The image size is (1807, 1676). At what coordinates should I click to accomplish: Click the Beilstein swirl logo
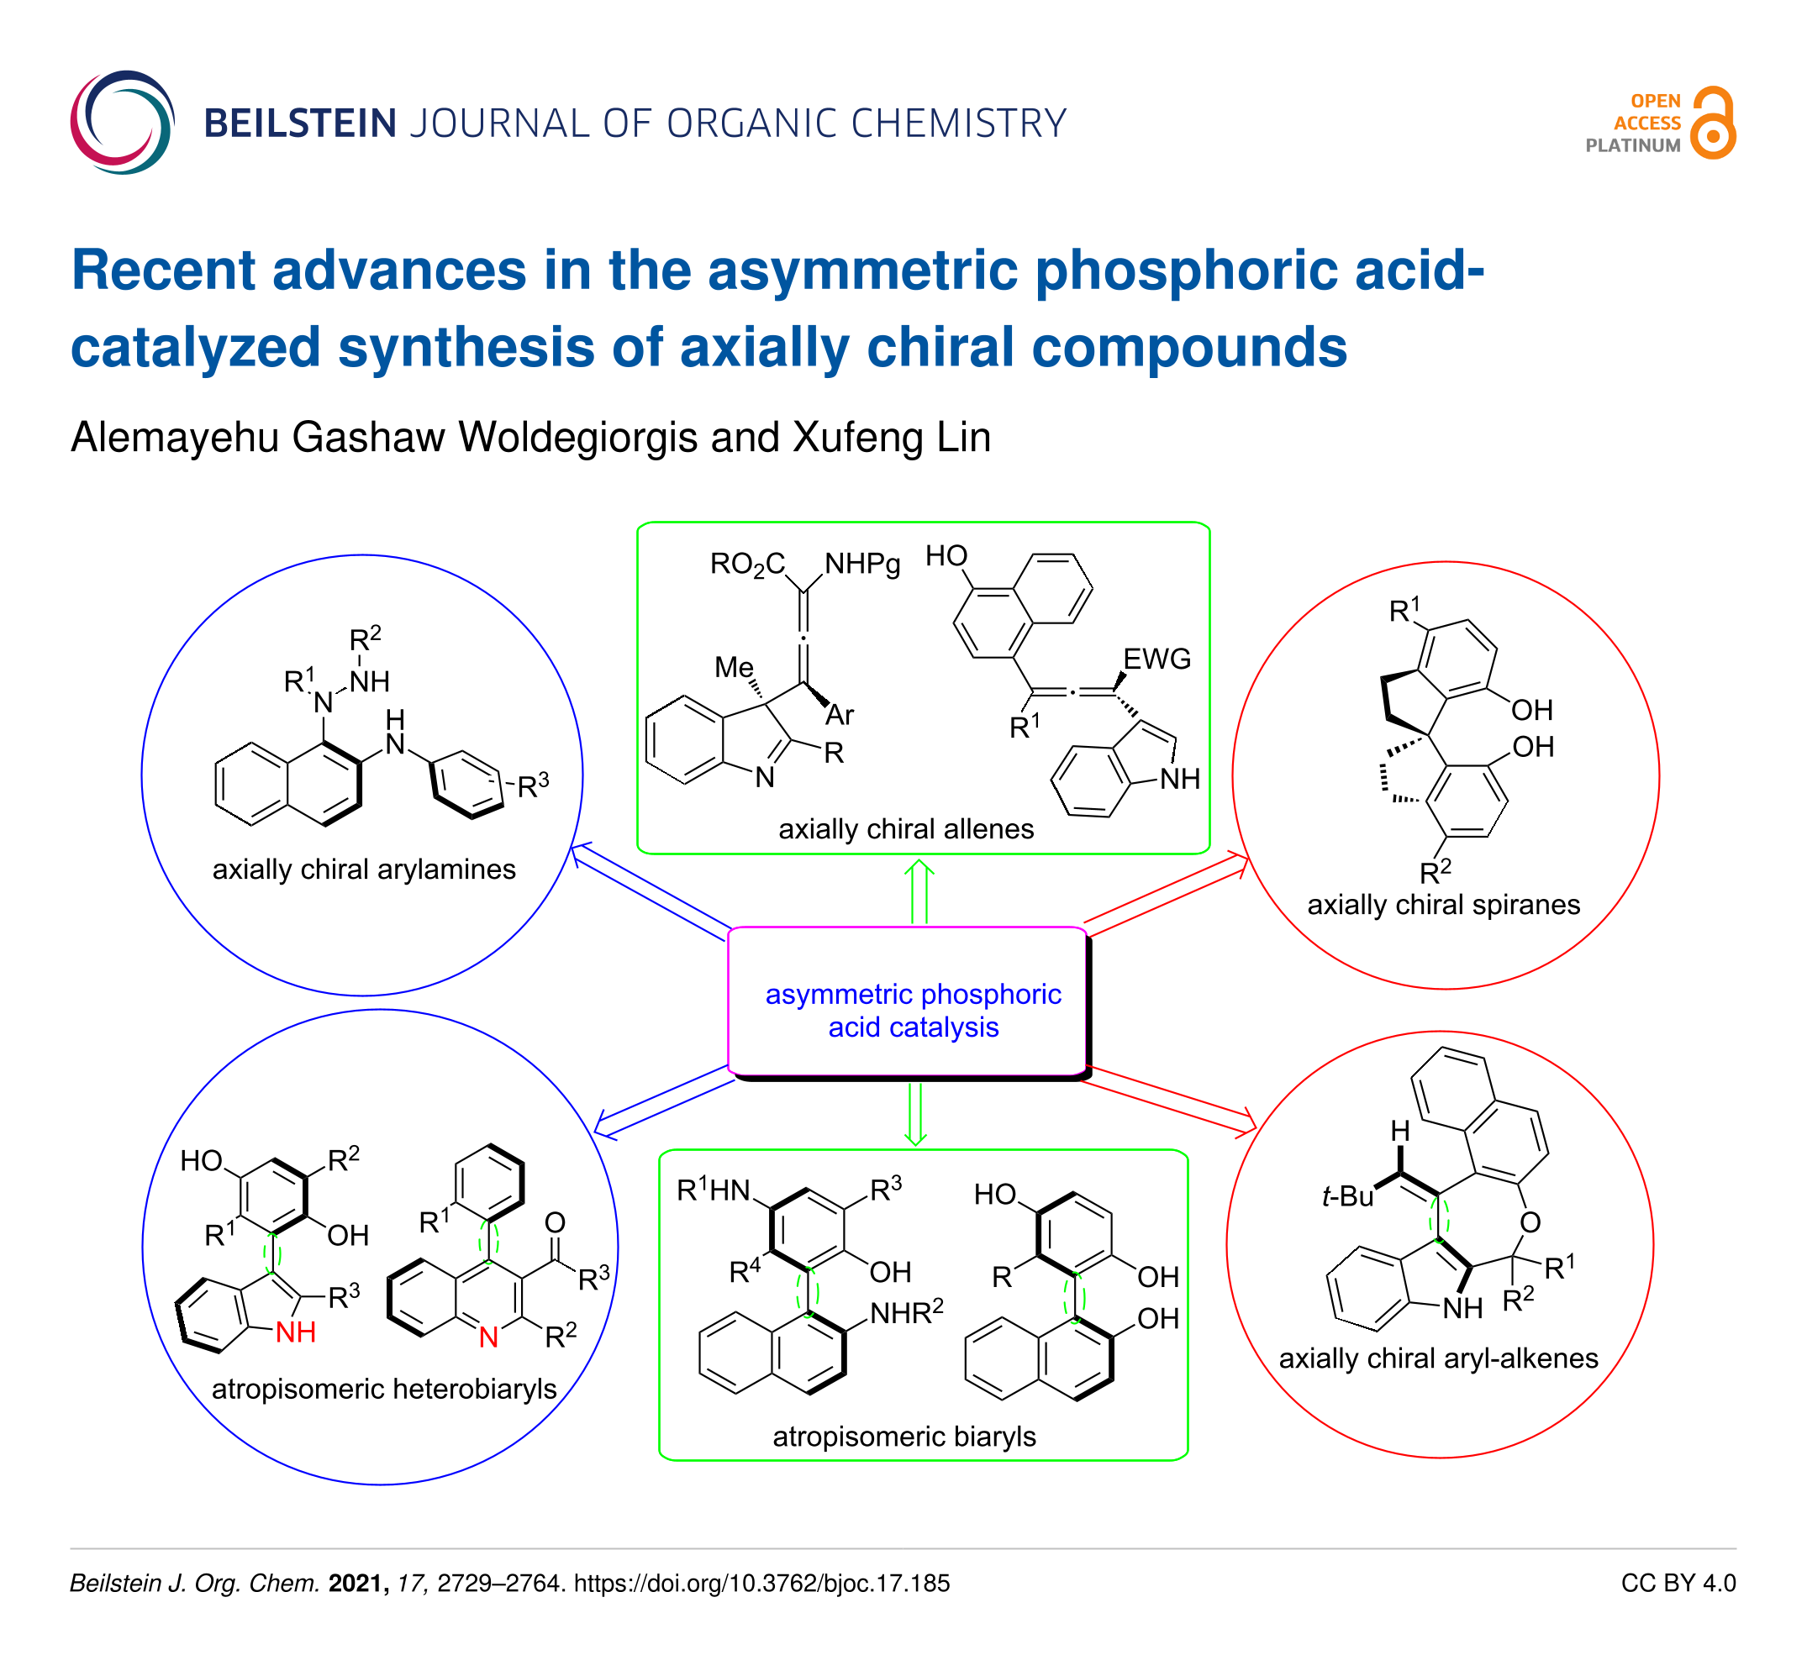click(x=122, y=123)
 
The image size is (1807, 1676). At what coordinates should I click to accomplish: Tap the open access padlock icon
click(x=1714, y=123)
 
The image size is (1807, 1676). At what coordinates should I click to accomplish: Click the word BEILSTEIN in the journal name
click(x=300, y=123)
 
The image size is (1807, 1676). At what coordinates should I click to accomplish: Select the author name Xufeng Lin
click(x=892, y=437)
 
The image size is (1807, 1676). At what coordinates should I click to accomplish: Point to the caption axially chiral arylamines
click(x=364, y=869)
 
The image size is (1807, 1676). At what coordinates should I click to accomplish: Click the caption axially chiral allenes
click(x=906, y=829)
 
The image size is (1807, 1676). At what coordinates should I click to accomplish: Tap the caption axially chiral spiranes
click(x=1443, y=904)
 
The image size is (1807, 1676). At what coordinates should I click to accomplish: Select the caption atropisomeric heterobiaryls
click(x=384, y=1389)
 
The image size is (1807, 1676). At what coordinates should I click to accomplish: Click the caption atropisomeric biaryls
click(x=904, y=1437)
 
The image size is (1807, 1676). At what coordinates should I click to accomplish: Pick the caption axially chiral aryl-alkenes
click(x=1439, y=1358)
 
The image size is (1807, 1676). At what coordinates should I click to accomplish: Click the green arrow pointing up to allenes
click(x=919, y=892)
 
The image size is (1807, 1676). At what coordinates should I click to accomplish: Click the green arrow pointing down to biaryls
click(x=915, y=1113)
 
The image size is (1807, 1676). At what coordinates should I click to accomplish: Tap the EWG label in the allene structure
click(x=1156, y=659)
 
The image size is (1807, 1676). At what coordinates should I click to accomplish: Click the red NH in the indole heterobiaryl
click(x=296, y=1332)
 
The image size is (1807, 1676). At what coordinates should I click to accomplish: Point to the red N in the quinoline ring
click(x=489, y=1337)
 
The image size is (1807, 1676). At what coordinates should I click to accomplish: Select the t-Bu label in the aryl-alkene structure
click(x=1348, y=1197)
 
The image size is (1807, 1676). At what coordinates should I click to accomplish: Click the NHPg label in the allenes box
click(x=862, y=564)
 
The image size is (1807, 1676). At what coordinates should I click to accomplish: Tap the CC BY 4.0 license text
click(x=1678, y=1583)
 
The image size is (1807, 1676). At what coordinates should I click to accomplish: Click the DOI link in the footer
click(x=762, y=1583)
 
